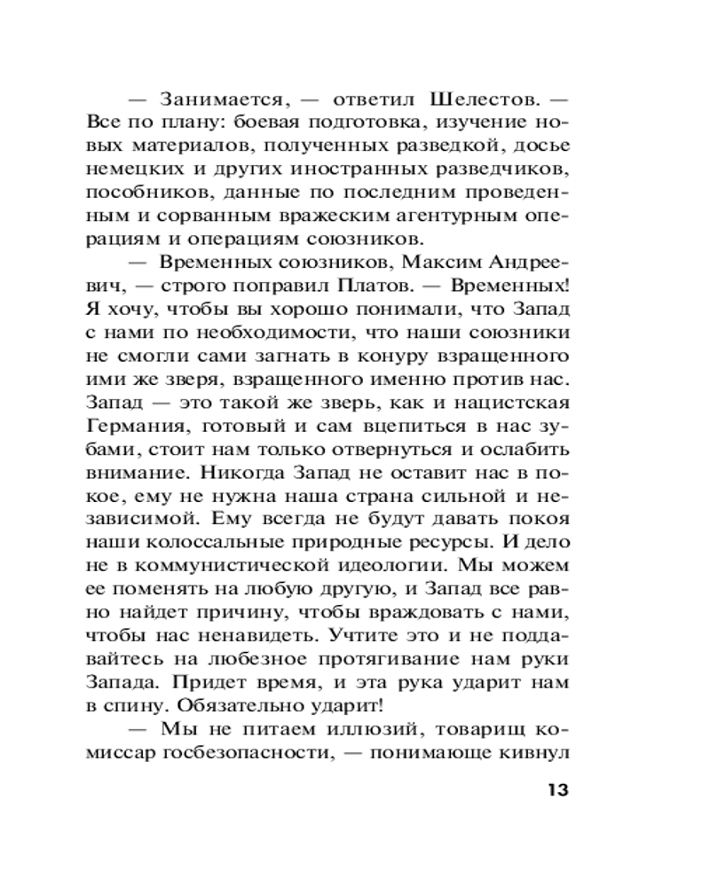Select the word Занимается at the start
click(x=217, y=98)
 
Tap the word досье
click(x=564, y=144)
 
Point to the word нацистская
click(x=529, y=403)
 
